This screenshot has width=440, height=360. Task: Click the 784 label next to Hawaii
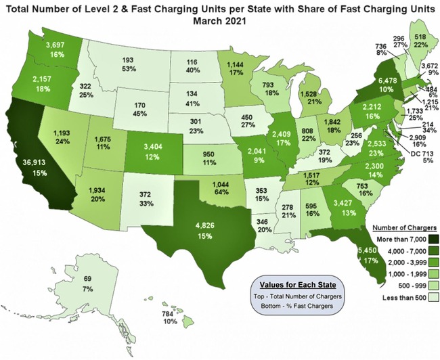coord(170,313)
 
